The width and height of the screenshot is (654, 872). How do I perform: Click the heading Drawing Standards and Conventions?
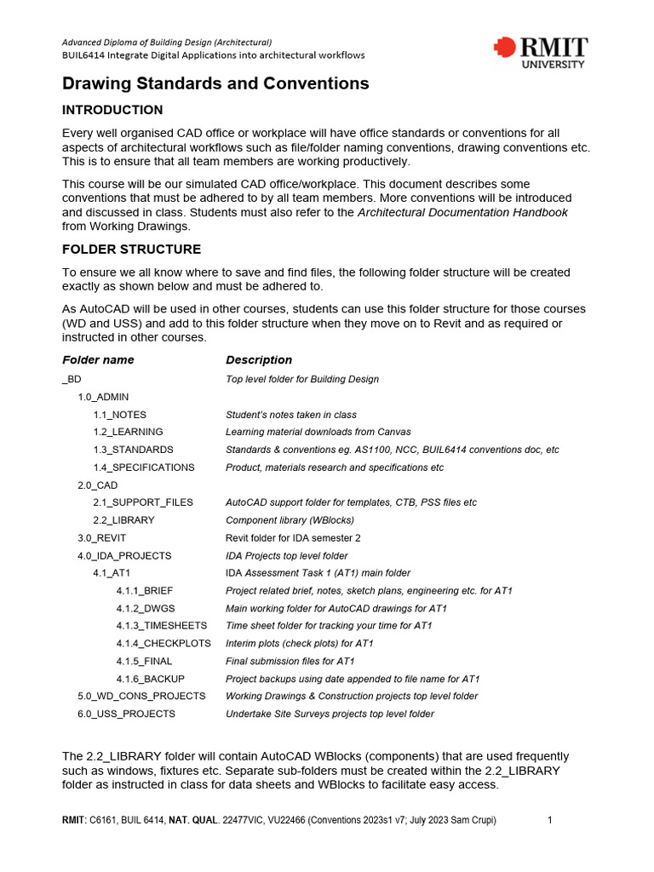pos(215,83)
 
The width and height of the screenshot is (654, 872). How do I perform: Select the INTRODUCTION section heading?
pos(112,110)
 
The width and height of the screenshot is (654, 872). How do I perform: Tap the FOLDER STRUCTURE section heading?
pos(131,250)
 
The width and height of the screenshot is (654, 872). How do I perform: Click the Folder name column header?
pos(98,360)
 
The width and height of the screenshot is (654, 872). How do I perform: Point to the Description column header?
pos(259,360)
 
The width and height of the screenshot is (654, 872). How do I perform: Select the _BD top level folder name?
pos(72,379)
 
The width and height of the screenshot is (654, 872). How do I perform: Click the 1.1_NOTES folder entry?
pos(119,415)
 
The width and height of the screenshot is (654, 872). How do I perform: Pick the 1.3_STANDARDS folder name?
pos(133,450)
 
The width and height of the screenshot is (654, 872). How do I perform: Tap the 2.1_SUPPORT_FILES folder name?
pos(142,502)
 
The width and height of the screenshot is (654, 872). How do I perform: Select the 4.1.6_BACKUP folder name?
pos(150,679)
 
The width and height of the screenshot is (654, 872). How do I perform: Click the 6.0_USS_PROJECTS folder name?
pos(126,714)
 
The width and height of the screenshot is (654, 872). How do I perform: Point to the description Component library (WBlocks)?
pos(290,520)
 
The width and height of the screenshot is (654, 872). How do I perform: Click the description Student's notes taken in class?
pos(291,415)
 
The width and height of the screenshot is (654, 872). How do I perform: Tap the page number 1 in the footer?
pos(550,820)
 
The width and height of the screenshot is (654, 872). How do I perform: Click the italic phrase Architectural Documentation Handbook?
pos(462,213)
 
